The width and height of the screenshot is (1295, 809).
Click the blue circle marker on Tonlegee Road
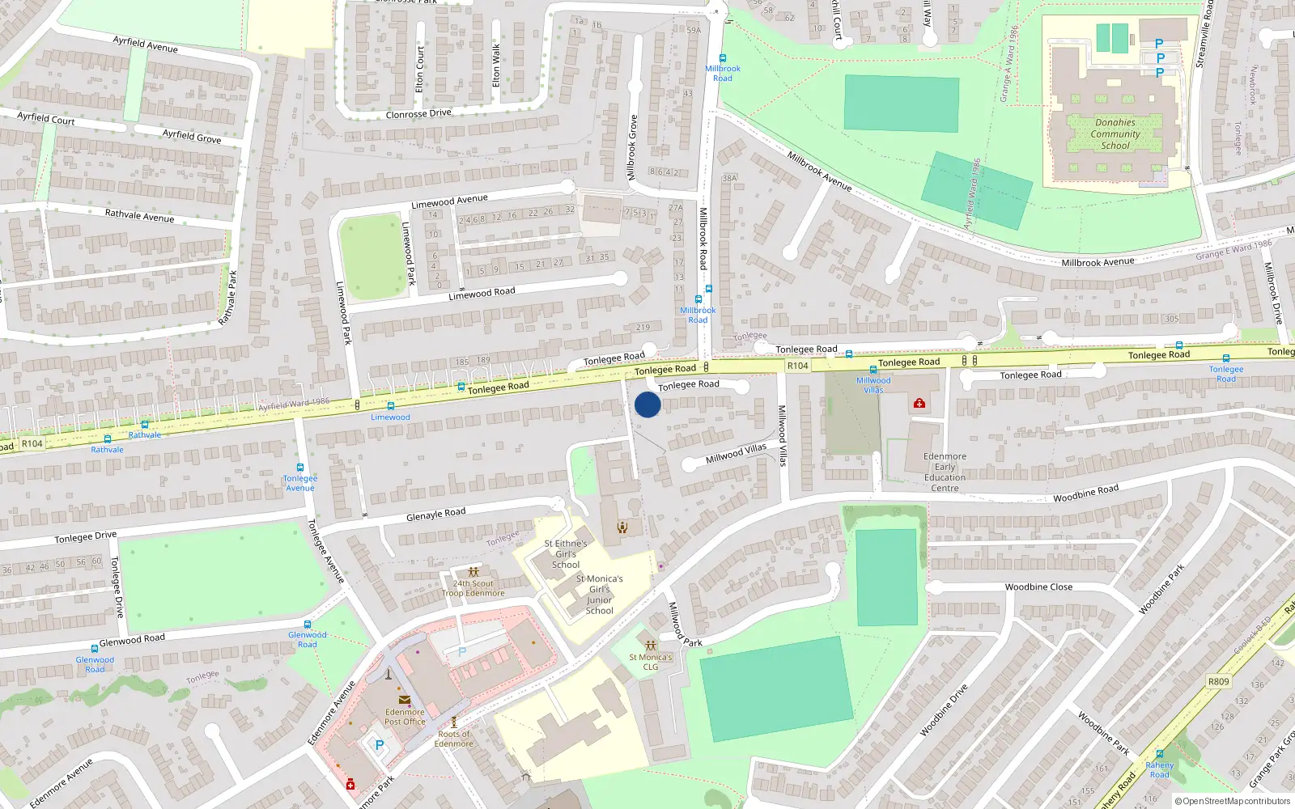click(x=647, y=404)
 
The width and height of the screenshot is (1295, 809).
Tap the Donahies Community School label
click(x=1115, y=134)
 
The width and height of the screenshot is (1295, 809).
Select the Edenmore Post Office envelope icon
click(x=404, y=701)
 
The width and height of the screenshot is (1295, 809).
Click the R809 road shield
click(x=1218, y=681)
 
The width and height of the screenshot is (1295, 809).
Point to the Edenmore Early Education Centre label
click(x=945, y=472)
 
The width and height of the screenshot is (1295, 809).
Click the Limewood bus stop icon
click(x=391, y=406)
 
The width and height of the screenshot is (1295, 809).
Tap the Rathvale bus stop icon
click(x=145, y=425)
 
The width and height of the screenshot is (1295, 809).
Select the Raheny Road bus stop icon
click(x=1159, y=754)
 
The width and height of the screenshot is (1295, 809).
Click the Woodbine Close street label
click(x=1038, y=587)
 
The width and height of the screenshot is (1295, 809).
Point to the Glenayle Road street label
click(x=435, y=514)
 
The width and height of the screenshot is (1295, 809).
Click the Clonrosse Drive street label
click(x=418, y=114)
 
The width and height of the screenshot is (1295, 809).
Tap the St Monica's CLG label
click(x=651, y=662)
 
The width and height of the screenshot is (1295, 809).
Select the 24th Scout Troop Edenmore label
click(x=473, y=588)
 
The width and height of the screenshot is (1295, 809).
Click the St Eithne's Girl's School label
click(x=566, y=554)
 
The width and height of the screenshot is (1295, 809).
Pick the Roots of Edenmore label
click(x=453, y=739)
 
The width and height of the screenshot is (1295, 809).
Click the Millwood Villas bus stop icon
click(x=873, y=370)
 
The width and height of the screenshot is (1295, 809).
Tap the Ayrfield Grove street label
click(x=192, y=136)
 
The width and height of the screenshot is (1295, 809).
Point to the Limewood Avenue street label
click(x=449, y=201)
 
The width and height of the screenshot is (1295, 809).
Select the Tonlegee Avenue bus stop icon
click(x=300, y=468)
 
